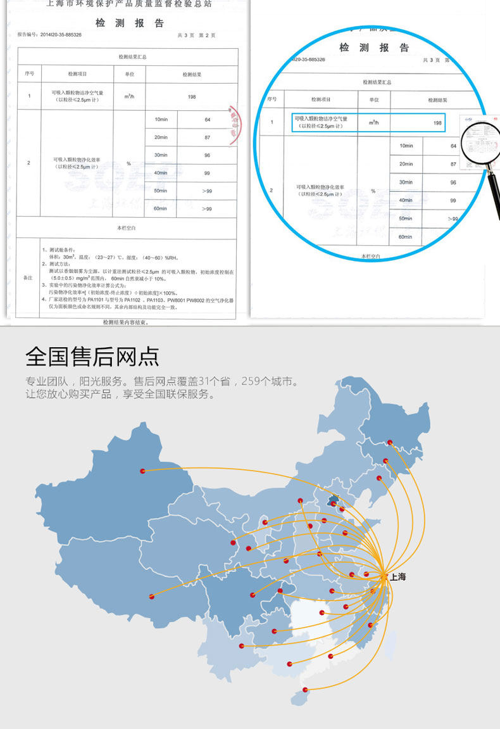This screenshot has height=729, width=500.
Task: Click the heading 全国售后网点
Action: [92, 357]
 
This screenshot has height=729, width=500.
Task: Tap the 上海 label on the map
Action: [397, 577]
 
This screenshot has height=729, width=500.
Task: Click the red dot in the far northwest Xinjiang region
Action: [142, 471]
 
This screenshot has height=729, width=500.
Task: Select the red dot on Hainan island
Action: [306, 689]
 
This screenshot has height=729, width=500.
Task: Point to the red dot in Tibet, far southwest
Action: [151, 596]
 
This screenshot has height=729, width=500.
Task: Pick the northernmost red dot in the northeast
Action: [390, 442]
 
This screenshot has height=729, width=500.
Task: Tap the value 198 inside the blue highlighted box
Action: [437, 123]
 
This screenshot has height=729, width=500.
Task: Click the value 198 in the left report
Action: [192, 97]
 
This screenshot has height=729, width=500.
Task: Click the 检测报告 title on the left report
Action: [130, 23]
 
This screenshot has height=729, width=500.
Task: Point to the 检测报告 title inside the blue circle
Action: [374, 48]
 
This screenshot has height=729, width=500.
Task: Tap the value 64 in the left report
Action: [207, 119]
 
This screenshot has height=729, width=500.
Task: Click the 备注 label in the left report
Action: [28, 278]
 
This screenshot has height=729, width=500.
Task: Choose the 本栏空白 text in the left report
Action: [127, 227]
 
